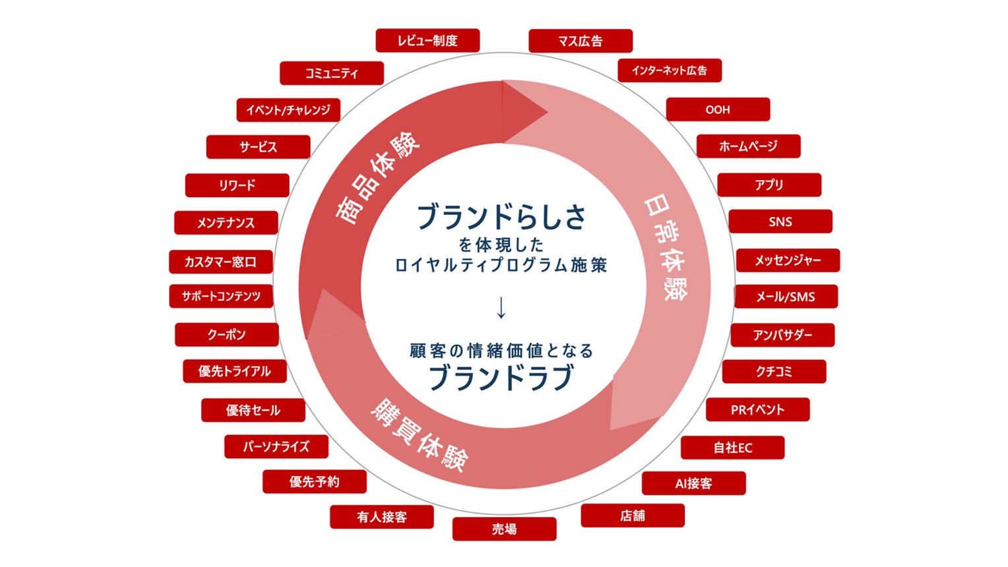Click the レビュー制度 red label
pos(427,41)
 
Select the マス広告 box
pos(581,41)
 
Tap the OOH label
pos(718,109)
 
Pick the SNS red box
pos(780,222)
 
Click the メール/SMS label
pos(786,297)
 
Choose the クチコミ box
pos(774,372)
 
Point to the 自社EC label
pos(732,448)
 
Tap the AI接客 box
pos(693,483)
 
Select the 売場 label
pos(504,529)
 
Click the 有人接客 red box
pos(382,517)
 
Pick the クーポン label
pos(226,335)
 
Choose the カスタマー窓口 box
pos(220,262)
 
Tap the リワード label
pos(237,185)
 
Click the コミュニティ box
pos(331,73)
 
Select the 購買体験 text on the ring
pos(420,435)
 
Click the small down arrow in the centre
pos(501,308)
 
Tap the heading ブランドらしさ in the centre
pos(501,216)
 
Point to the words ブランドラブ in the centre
pos(501,378)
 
